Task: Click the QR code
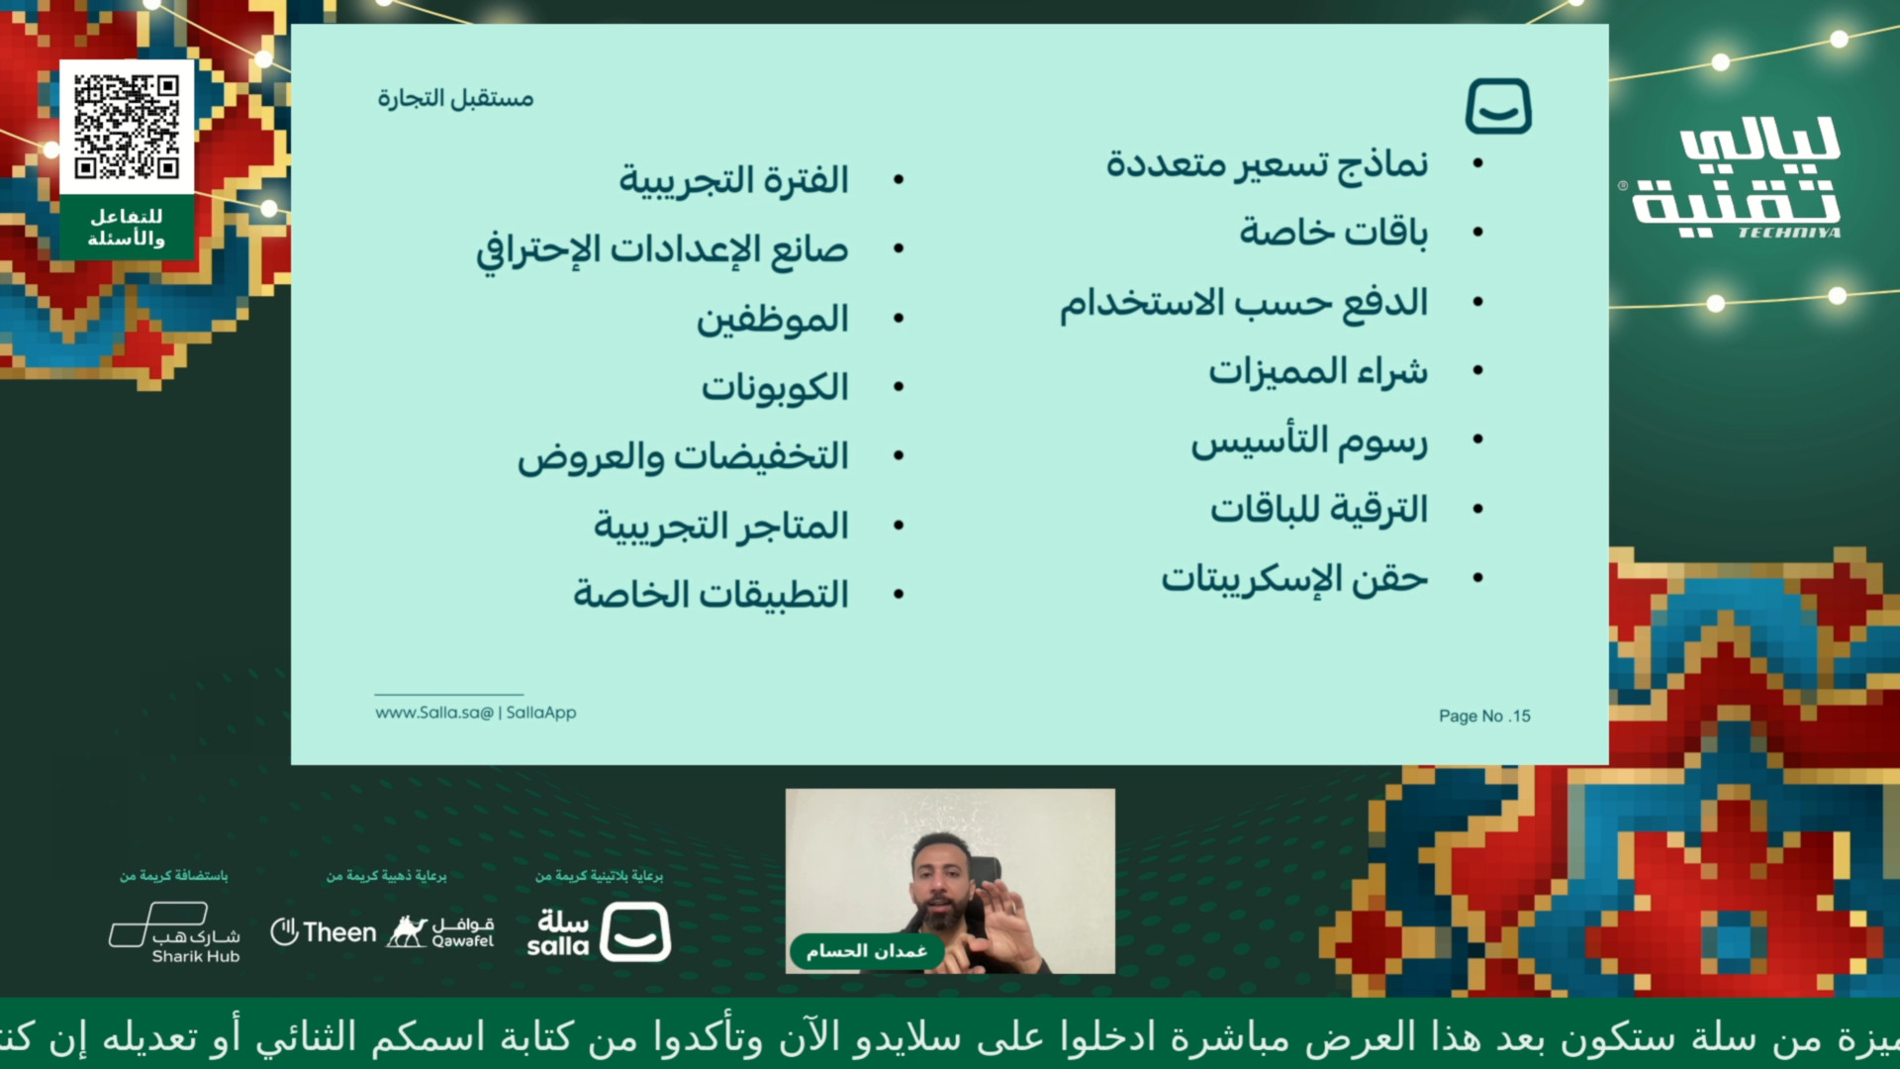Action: pyautogui.click(x=127, y=126)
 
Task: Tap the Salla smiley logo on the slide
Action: pyautogui.click(x=1498, y=106)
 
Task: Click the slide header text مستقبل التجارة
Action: pyautogui.click(x=455, y=98)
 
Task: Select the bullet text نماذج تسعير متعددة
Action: pyautogui.click(x=1267, y=164)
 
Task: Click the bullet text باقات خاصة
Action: pyautogui.click(x=1334, y=233)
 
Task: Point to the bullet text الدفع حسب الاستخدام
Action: pyautogui.click(x=1244, y=302)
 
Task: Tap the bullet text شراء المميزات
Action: pyautogui.click(x=1318, y=371)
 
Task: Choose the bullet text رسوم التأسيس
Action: pyautogui.click(x=1309, y=440)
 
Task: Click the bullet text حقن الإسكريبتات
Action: pyautogui.click(x=1294, y=578)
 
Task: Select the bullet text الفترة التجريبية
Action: pyautogui.click(x=733, y=181)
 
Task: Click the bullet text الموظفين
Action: pyautogui.click(x=773, y=320)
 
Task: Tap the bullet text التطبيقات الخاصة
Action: pyautogui.click(x=711, y=595)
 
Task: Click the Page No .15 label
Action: pyautogui.click(x=1484, y=716)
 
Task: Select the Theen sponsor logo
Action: pyautogui.click(x=324, y=932)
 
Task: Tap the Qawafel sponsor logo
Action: pyautogui.click(x=440, y=931)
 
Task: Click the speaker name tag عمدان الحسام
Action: pyautogui.click(x=866, y=951)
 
